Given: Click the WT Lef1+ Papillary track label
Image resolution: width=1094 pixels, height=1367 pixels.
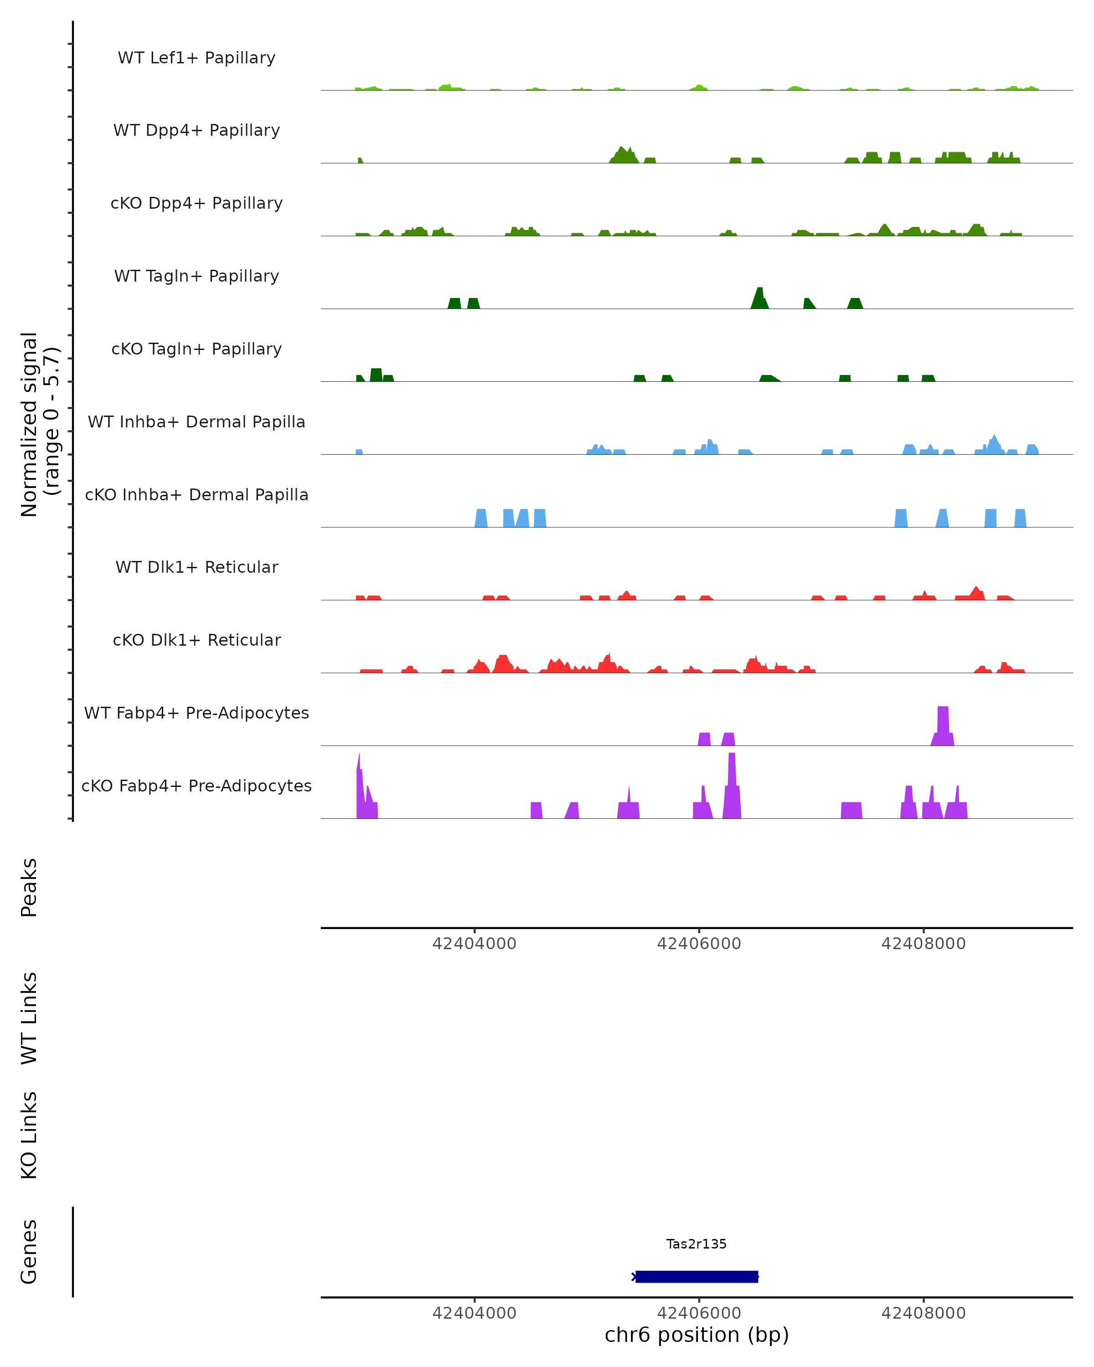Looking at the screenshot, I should tap(196, 58).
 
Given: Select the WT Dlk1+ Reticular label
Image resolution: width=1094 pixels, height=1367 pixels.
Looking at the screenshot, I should tap(196, 567).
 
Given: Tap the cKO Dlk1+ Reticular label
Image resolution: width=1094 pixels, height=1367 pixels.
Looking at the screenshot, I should tap(196, 640).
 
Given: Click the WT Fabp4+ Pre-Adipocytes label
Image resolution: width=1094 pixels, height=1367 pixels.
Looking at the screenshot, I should tap(196, 713).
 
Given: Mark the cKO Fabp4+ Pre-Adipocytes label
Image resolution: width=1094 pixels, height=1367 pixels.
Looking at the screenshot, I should tap(196, 786).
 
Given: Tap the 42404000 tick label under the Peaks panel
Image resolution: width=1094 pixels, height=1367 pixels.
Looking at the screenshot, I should tap(475, 944).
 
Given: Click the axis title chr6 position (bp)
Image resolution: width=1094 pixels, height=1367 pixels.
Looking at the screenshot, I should tap(697, 1335).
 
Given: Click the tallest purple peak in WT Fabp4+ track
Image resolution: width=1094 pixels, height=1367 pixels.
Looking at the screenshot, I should tap(943, 723).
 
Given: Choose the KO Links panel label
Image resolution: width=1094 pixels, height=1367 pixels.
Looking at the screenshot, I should tap(29, 1135).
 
